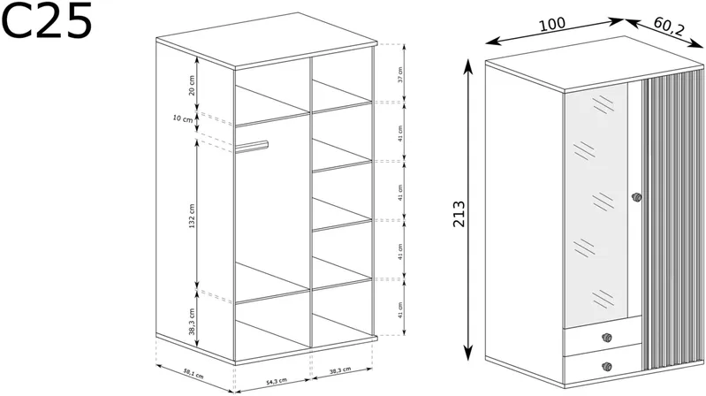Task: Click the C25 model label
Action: pyautogui.click(x=47, y=19)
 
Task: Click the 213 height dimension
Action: pyautogui.click(x=459, y=214)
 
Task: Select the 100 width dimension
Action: pyautogui.click(x=552, y=24)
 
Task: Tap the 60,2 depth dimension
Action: pyautogui.click(x=669, y=27)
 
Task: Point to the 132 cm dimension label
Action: pyautogui.click(x=192, y=216)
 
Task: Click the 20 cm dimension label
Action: pyautogui.click(x=192, y=85)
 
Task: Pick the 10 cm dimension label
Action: pyautogui.click(x=183, y=118)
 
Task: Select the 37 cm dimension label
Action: pyautogui.click(x=400, y=74)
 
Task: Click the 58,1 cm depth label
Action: pyautogui.click(x=194, y=373)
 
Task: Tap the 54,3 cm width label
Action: pyautogui.click(x=276, y=382)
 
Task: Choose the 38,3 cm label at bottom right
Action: pyautogui.click(x=340, y=369)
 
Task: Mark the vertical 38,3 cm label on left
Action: pyautogui.click(x=192, y=322)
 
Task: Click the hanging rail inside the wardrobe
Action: pyautogui.click(x=252, y=147)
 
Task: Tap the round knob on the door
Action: pyautogui.click(x=636, y=197)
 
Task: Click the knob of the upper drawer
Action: pyautogui.click(x=607, y=338)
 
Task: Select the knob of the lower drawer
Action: pyautogui.click(x=607, y=367)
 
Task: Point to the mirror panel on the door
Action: pyautogui.click(x=596, y=203)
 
